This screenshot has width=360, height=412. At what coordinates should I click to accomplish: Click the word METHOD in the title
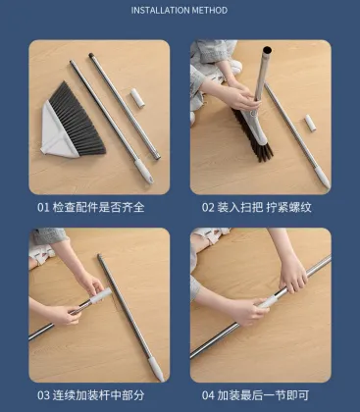[x=210, y=11]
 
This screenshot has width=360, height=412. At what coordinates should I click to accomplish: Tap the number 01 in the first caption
[x=43, y=207]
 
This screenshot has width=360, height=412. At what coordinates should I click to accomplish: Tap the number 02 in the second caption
[x=208, y=207]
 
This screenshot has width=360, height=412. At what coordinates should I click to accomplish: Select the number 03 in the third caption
[x=43, y=394]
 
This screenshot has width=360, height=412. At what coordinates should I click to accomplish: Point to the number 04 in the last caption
[x=208, y=394]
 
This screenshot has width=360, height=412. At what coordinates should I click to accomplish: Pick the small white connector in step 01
[x=138, y=100]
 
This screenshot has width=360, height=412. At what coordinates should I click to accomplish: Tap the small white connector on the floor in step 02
[x=311, y=123]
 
